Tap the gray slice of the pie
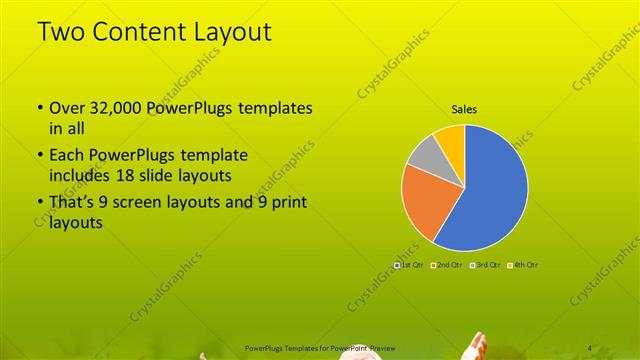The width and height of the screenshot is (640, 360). pos(426,155)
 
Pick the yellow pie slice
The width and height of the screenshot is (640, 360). pos(451,137)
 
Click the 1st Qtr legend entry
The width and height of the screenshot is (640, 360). pos(409,264)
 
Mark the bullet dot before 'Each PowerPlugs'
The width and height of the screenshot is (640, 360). pos(39,157)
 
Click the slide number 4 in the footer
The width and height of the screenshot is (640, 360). pos(590,346)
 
